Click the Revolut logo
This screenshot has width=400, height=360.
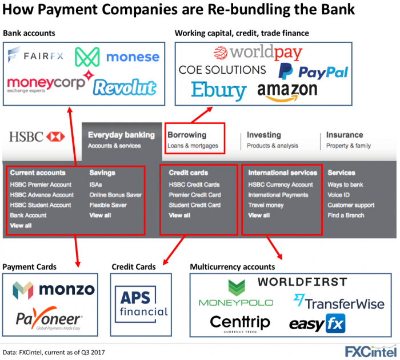coord(125,87)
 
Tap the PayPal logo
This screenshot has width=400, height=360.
coord(313,71)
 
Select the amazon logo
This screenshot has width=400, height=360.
coord(287,92)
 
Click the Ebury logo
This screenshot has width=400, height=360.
coord(219,91)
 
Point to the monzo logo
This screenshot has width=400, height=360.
coord(54,290)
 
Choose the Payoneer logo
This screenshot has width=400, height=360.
coord(49,318)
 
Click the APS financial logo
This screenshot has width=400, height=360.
coord(141,304)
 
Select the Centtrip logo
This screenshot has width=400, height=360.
coord(240,323)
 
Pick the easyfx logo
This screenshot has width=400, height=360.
coord(317,323)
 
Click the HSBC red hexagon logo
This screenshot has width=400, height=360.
coord(55,137)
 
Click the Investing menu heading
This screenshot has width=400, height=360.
coord(264,135)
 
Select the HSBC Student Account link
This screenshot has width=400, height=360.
coord(41,205)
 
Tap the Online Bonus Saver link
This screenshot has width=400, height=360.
coord(115,195)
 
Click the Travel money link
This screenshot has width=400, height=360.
coord(266,205)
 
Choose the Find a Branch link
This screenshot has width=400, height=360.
coord(346,215)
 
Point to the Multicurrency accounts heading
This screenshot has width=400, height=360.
coord(233,267)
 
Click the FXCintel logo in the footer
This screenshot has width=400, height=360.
coord(371,351)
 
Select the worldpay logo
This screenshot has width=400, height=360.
coord(258,53)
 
